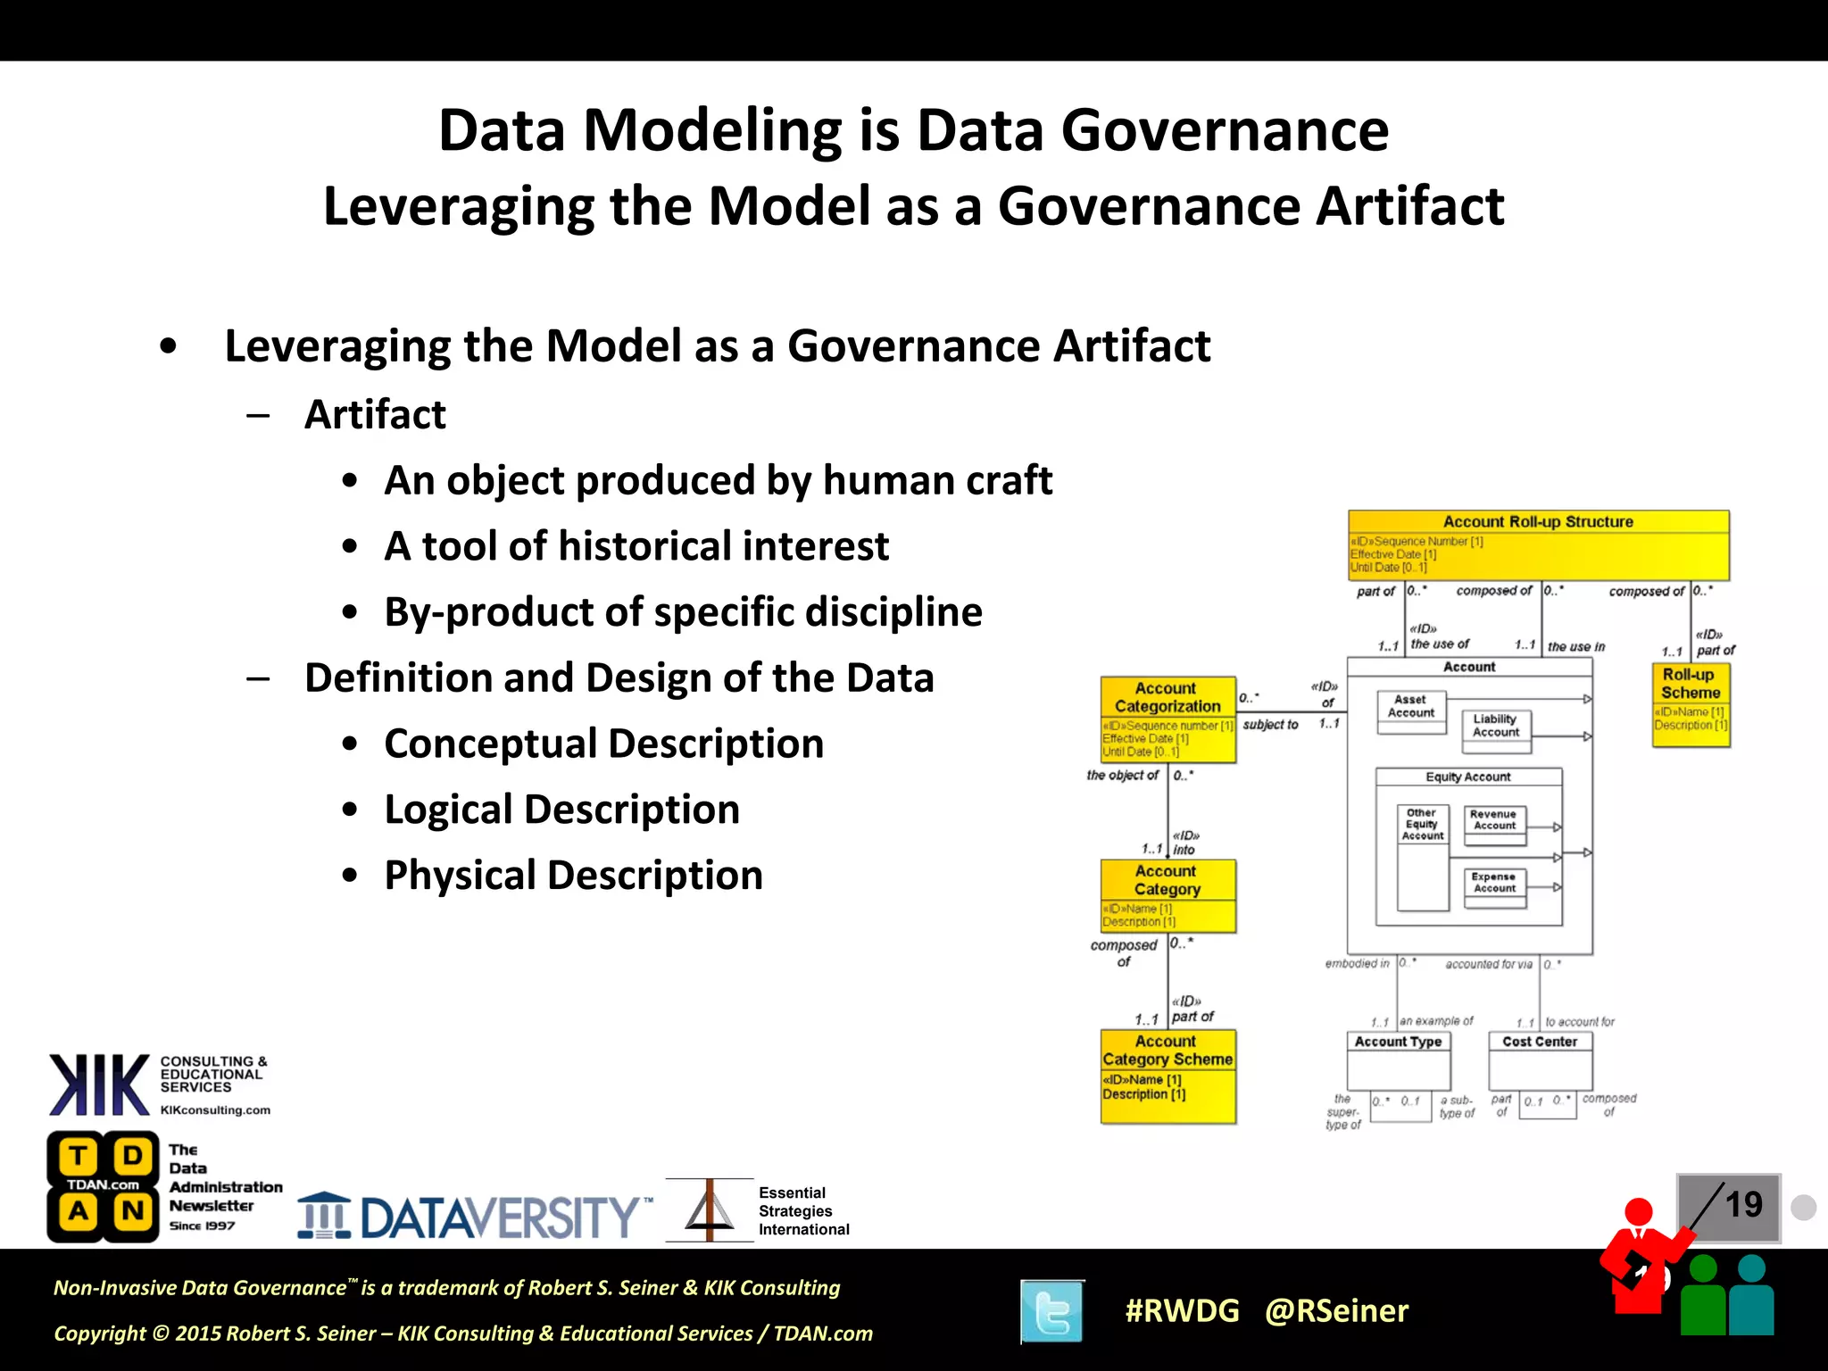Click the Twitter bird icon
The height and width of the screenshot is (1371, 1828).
[1052, 1311]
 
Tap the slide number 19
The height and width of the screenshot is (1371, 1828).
[1742, 1205]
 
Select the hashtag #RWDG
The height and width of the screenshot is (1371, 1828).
[1182, 1310]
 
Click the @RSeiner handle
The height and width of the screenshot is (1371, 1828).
[1336, 1310]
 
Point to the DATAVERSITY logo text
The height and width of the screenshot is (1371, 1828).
[500, 1217]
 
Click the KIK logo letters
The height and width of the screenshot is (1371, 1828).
[99, 1085]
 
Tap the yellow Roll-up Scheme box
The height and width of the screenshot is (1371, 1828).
[1691, 704]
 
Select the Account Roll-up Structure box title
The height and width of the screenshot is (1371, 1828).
[1538, 522]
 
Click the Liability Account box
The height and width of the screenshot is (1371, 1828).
[1496, 727]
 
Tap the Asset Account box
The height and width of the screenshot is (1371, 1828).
[1410, 708]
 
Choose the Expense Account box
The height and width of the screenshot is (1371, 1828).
[1495, 884]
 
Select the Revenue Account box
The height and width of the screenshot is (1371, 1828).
[1495, 821]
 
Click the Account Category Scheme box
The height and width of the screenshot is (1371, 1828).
[1167, 1075]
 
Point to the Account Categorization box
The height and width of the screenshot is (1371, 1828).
[1167, 719]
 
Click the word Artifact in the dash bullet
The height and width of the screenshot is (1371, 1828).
[375, 415]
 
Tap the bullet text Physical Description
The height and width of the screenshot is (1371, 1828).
[573, 876]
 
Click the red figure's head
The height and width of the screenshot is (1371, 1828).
[1638, 1211]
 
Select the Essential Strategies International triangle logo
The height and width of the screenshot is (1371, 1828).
[710, 1210]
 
